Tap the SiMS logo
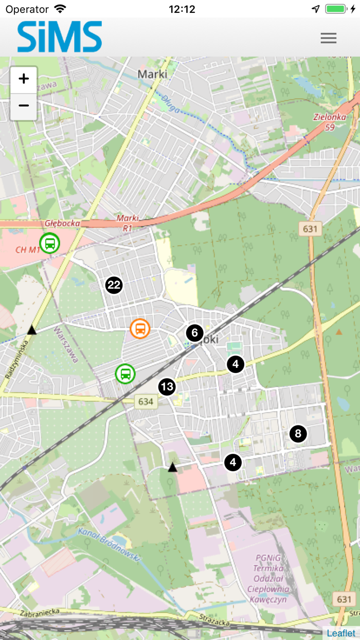[60, 37]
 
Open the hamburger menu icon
[328, 38]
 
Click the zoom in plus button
[24, 79]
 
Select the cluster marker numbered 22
[114, 285]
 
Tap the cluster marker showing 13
[167, 387]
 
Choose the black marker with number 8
[298, 434]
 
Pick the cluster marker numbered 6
[194, 333]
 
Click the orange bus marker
[140, 328]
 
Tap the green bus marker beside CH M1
[49, 243]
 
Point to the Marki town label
[152, 74]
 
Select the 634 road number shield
[146, 401]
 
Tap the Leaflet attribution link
[341, 633]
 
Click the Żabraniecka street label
[41, 612]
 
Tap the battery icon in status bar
[337, 9]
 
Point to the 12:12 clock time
[182, 9]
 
